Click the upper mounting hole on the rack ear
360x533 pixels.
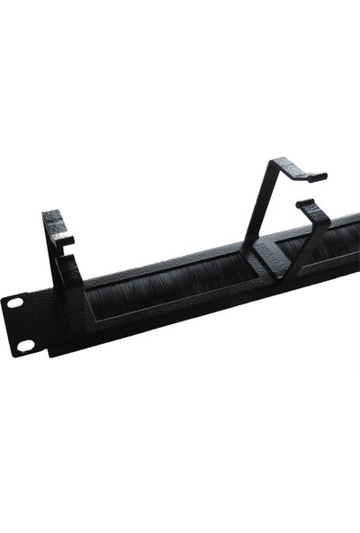[15, 303]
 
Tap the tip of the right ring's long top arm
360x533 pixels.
[316, 176]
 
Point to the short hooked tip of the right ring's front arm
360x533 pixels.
[303, 203]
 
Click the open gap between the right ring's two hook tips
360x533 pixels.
[308, 190]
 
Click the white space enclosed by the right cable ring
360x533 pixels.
[286, 216]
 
